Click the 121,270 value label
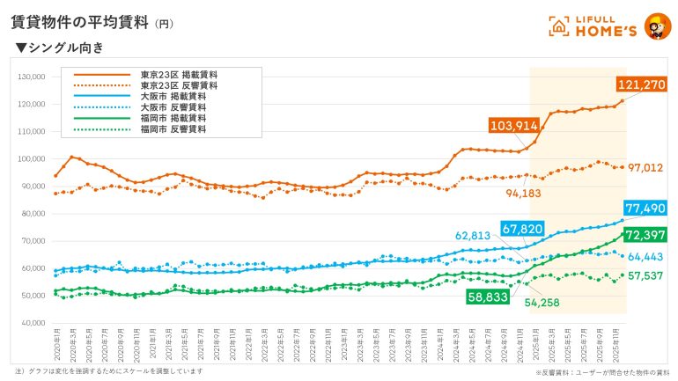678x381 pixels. pyautogui.click(x=642, y=84)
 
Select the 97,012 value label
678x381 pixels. pyautogui.click(x=645, y=167)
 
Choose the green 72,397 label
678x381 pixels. pyautogui.click(x=645, y=235)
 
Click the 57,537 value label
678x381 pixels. pyautogui.click(x=645, y=276)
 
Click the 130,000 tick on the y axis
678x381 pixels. pyautogui.click(x=31, y=77)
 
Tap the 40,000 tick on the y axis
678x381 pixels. pyautogui.click(x=33, y=323)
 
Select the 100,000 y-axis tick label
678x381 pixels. pyautogui.click(x=31, y=159)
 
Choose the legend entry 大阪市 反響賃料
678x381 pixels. pyautogui.click(x=173, y=106)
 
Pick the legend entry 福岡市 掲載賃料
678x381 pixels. pyautogui.click(x=173, y=118)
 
